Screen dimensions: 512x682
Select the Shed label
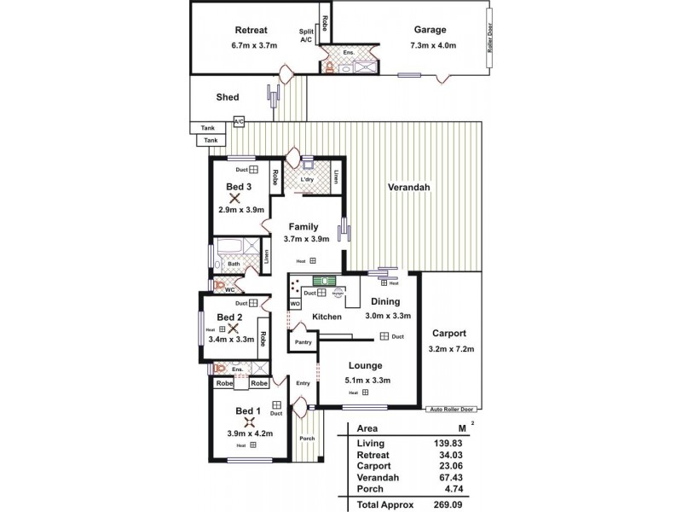click(x=228, y=97)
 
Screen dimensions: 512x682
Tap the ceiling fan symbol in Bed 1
click(x=249, y=421)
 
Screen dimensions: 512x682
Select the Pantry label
click(x=303, y=342)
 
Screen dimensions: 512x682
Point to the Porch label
click(x=307, y=439)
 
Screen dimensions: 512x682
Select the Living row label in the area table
click(x=372, y=444)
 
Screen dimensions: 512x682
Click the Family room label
click(x=303, y=227)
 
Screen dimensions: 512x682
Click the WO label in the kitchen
click(x=295, y=303)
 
